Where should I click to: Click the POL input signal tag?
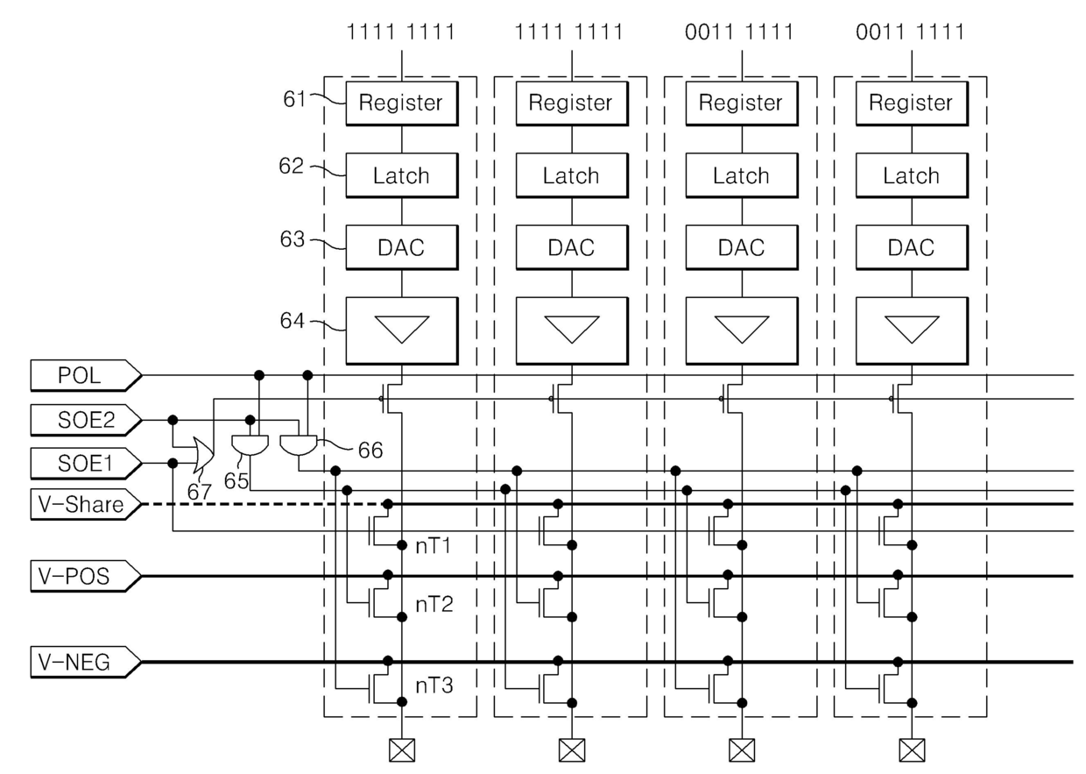point(85,375)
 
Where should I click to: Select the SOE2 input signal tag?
point(85,420)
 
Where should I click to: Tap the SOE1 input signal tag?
point(85,464)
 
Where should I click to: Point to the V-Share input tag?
point(85,504)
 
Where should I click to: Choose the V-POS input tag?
point(85,576)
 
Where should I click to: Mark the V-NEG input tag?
point(85,662)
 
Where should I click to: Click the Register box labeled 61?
point(402,103)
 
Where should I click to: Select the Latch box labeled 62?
point(402,175)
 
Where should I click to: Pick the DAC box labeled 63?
point(402,247)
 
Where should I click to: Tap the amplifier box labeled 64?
point(402,330)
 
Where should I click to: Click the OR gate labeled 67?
point(203,455)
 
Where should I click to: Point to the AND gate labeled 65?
point(250,445)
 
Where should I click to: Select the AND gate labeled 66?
point(298,445)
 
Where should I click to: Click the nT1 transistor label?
point(434,546)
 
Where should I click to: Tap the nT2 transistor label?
point(434,605)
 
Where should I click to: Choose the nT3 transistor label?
point(434,685)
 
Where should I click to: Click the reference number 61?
point(294,99)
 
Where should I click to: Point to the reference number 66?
point(370,451)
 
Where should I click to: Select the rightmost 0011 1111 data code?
point(910,32)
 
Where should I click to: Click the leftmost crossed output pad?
point(402,750)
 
